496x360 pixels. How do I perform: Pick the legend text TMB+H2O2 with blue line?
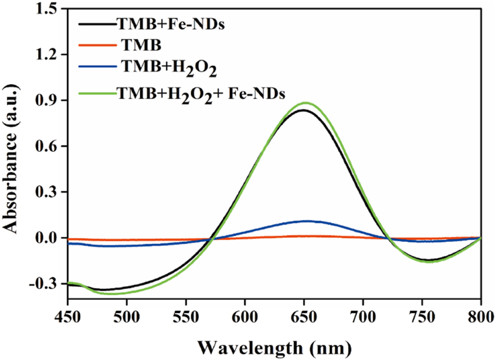pyautogui.click(x=170, y=68)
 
